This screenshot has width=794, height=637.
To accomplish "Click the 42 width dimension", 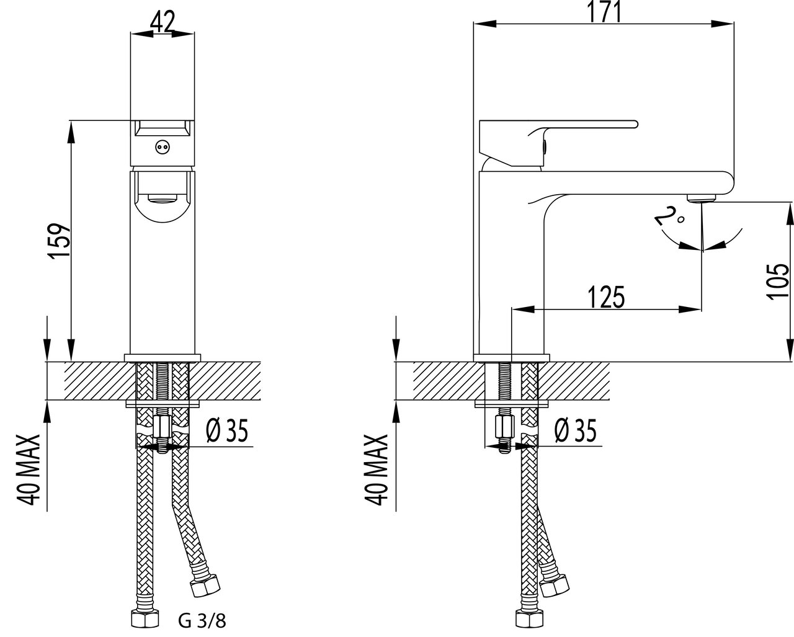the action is tap(163, 23).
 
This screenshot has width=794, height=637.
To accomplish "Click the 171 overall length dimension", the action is tap(604, 12).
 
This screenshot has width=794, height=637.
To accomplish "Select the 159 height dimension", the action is tap(60, 241).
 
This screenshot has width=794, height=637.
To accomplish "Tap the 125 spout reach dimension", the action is tap(606, 296).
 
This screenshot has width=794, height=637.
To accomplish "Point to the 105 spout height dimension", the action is tap(778, 282).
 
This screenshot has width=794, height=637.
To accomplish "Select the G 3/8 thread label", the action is tap(202, 621).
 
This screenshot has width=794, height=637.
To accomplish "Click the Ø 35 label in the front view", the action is tap(227, 430).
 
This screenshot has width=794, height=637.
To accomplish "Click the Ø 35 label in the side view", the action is tap(576, 430).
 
